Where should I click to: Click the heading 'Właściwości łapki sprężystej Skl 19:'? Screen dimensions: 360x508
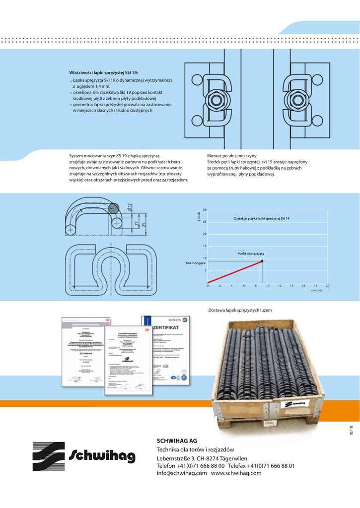[103, 72]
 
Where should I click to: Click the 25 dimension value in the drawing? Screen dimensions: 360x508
[144, 224]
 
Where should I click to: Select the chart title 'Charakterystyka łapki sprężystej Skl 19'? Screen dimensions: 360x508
[261, 219]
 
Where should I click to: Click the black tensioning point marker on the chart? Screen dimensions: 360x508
[262, 261]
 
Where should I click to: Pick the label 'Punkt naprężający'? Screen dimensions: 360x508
[251, 254]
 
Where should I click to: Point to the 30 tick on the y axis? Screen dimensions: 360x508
[205, 210]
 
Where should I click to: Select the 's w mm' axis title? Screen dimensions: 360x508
[317, 291]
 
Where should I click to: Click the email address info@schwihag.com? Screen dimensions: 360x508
[182, 473]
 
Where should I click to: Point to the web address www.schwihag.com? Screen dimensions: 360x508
[236, 473]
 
